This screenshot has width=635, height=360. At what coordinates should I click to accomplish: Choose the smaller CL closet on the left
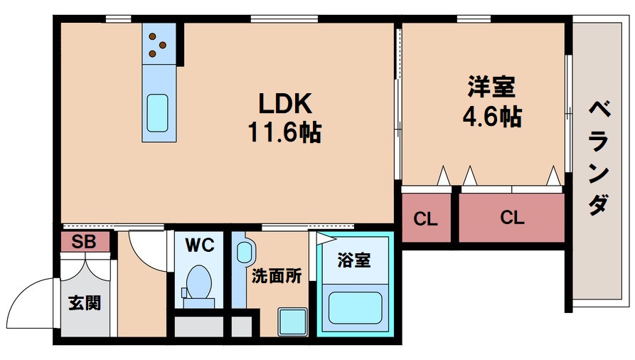click(x=426, y=218)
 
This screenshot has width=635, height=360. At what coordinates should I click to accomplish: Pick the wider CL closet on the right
click(x=512, y=218)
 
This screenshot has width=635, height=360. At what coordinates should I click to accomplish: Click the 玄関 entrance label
click(x=85, y=303)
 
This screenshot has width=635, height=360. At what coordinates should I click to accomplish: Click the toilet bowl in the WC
click(x=198, y=283)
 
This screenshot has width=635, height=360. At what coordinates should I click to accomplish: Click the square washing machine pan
click(x=291, y=321)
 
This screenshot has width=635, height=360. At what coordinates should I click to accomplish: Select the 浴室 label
click(x=353, y=260)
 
